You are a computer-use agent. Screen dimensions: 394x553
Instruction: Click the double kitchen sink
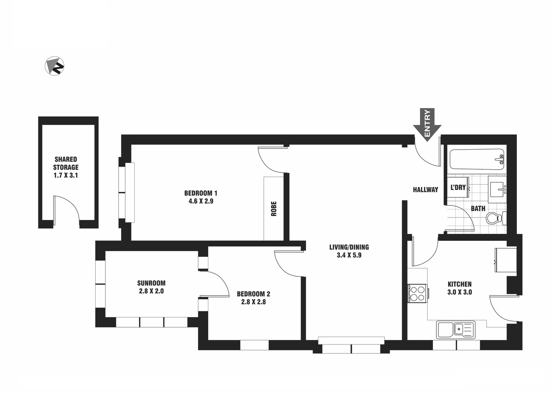click(x=456, y=329)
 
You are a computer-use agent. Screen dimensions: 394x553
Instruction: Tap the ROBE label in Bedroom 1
click(x=274, y=209)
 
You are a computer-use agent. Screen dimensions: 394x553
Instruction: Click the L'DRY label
click(x=458, y=188)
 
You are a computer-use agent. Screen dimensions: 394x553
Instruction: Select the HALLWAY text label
click(x=425, y=190)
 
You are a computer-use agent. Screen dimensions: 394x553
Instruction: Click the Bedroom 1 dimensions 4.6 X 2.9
click(x=201, y=201)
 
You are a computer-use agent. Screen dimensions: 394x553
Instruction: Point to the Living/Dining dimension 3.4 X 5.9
click(x=349, y=255)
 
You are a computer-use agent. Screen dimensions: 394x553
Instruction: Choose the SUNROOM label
click(x=151, y=283)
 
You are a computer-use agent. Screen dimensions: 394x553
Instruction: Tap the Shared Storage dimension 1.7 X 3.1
click(x=66, y=175)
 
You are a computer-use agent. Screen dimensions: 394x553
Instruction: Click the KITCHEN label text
click(x=460, y=284)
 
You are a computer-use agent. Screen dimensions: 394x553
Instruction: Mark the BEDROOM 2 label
click(x=254, y=294)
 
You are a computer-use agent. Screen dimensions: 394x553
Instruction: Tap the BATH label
click(x=478, y=209)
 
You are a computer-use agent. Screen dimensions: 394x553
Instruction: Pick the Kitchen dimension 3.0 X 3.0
click(x=460, y=292)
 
